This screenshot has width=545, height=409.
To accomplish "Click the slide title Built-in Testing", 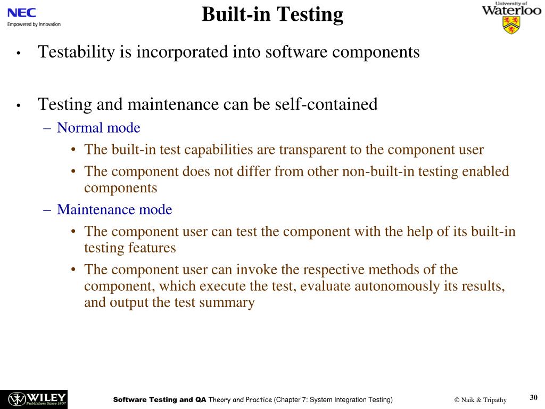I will coord(272,14).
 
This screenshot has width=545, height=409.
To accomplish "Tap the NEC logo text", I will coord(21,12).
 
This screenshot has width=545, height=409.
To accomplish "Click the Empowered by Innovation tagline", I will coord(34,24).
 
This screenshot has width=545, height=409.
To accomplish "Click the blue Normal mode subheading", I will coord(98,128).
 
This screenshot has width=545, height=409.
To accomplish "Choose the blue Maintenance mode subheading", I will coord(114,210).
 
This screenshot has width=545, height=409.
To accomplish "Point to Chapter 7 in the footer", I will coord(291,400).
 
